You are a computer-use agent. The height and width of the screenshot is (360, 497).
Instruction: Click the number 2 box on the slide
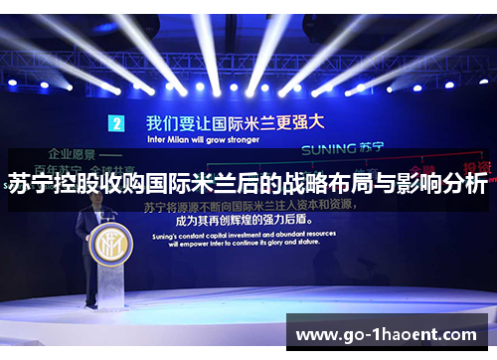(x=117, y=124)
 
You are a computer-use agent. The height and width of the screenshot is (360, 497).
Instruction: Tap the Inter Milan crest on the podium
(x=106, y=245)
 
